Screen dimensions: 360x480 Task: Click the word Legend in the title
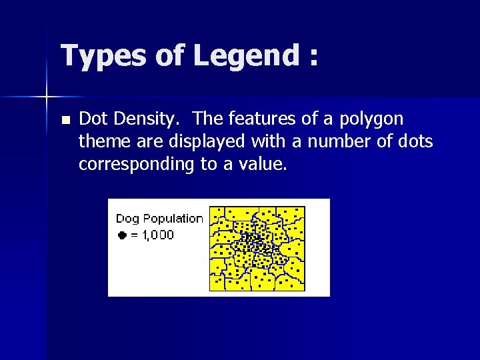[x=245, y=56]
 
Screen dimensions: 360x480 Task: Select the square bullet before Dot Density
[x=65, y=121]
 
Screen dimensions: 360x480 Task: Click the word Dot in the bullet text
[x=93, y=119]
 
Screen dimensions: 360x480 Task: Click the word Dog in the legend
[x=127, y=219]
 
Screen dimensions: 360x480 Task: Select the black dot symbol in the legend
[x=121, y=235]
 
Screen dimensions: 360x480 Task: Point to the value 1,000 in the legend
[x=157, y=235]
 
